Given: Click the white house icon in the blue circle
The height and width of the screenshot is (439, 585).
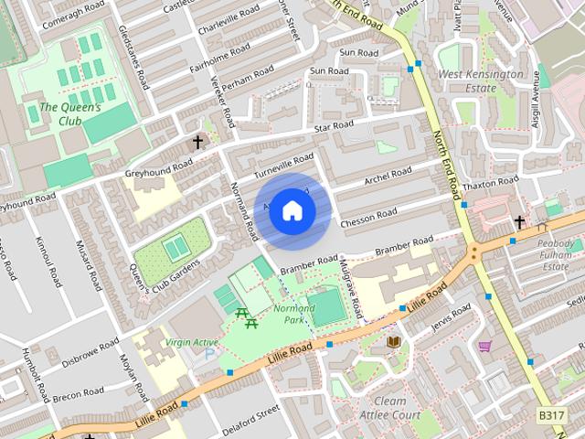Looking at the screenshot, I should pos(292,210).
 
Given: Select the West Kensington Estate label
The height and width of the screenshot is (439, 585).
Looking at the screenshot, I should pos(480,80).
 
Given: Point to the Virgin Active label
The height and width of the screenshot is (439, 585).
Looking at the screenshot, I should pos(191,343).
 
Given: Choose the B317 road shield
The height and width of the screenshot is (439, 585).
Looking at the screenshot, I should pos(550,415).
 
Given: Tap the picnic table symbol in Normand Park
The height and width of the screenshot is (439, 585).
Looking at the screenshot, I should pos(245,316).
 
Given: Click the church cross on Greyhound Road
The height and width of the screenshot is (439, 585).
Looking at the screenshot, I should pos(197,142).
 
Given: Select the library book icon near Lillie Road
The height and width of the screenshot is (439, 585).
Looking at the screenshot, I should pos(393,341).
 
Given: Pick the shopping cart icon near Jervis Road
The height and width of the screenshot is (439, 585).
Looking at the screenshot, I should pos(484,346).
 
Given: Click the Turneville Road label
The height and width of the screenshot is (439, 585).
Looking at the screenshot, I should pos(284,165).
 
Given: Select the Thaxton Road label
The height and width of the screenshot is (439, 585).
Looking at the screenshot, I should pos(490,183).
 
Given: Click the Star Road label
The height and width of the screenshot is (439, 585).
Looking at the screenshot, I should pos(333,126).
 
